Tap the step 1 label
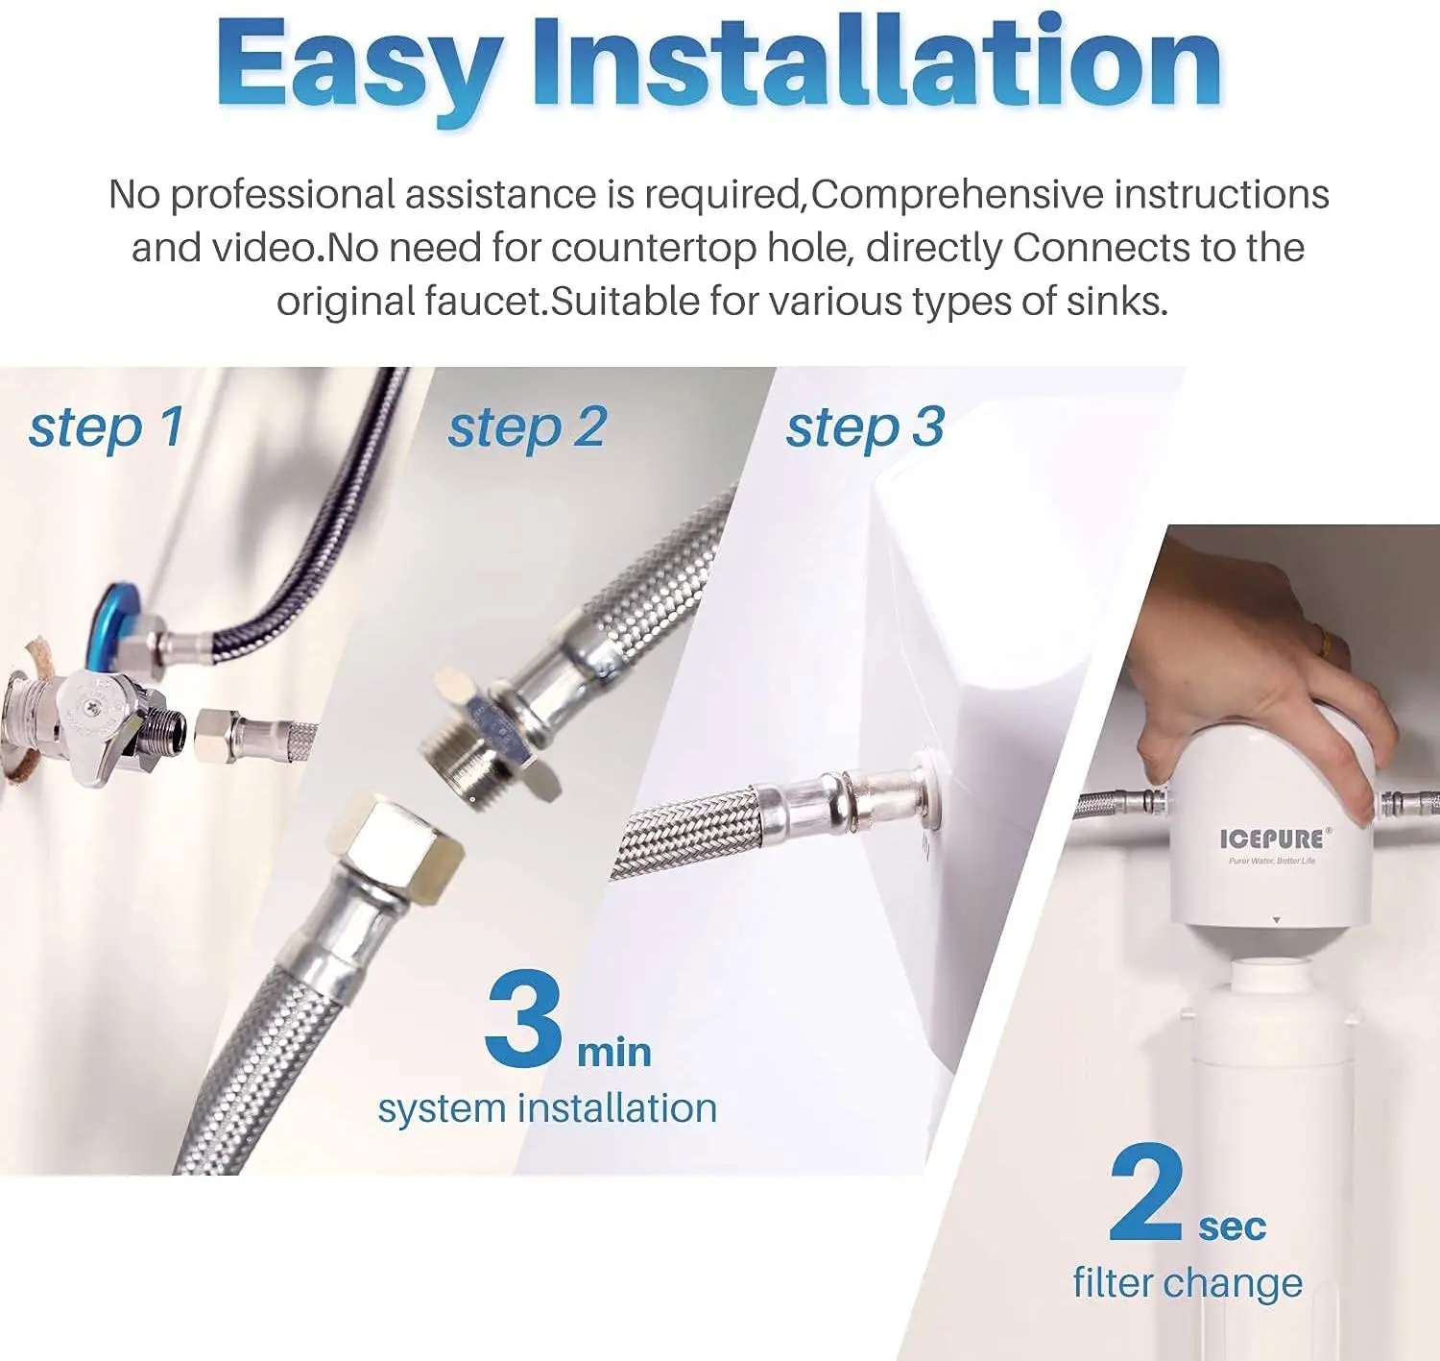(x=106, y=428)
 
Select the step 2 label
(x=527, y=428)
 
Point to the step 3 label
(x=866, y=428)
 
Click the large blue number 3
(x=523, y=1018)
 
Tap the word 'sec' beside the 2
(x=1233, y=1227)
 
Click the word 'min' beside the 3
(x=614, y=1053)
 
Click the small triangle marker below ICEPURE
(x=1276, y=920)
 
